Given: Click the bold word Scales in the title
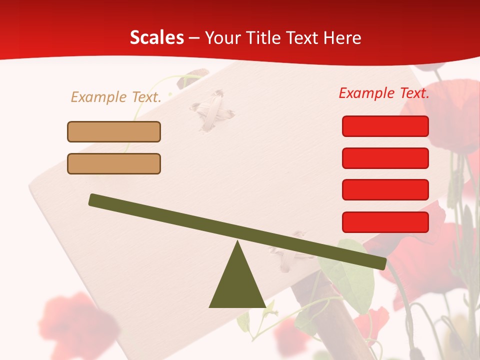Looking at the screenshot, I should tap(156, 37).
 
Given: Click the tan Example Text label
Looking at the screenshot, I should tap(116, 97).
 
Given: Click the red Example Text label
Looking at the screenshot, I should tap(384, 93).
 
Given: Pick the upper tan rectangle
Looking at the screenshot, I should tap(114, 132).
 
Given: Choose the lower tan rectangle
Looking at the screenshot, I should tap(114, 163).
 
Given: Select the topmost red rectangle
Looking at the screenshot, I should tap(385, 126).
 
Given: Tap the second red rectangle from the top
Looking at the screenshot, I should tap(385, 158).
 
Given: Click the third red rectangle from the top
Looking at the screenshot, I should tap(385, 190).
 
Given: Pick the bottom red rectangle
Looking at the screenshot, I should tap(385, 222).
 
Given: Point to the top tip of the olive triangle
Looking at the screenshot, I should tap(237, 243).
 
